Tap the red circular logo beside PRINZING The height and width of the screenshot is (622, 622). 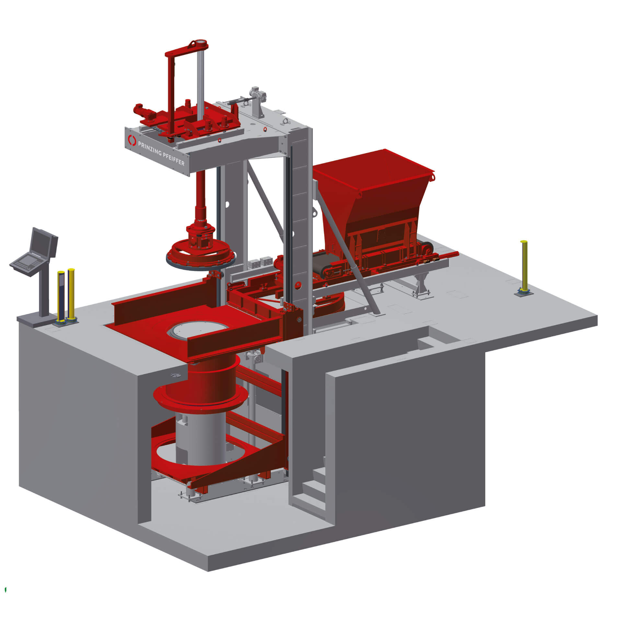click(x=132, y=140)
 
